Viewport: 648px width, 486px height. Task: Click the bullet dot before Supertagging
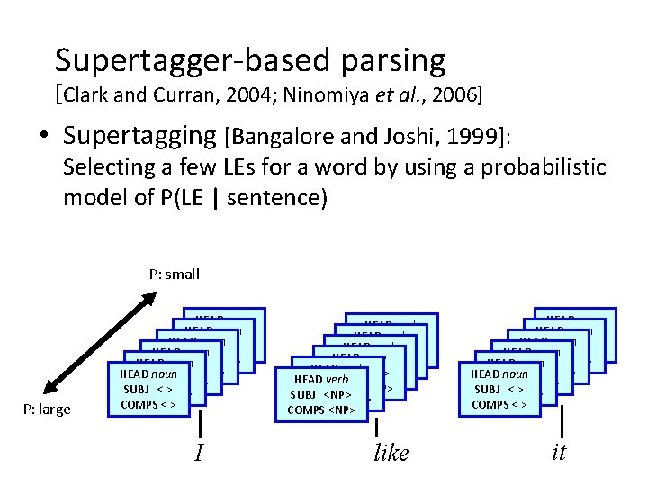click(43, 137)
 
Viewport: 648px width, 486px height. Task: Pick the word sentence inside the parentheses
click(274, 198)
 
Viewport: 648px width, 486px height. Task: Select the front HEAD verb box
click(321, 394)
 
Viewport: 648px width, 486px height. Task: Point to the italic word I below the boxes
click(198, 453)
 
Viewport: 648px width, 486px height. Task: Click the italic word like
click(391, 453)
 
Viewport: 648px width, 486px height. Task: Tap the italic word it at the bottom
click(558, 452)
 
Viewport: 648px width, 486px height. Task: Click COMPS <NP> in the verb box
click(321, 410)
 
